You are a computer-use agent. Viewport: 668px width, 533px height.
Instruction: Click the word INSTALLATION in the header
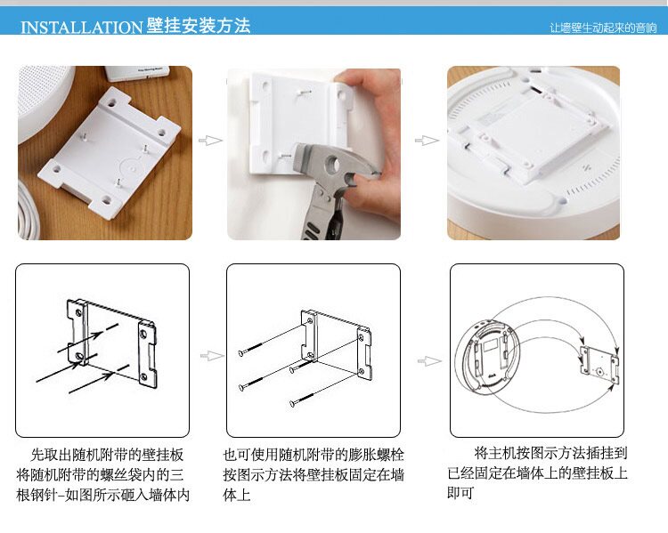coord(80,27)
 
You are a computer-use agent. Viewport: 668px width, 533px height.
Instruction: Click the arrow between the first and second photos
coord(209,141)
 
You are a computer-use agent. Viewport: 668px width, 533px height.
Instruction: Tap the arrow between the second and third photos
coord(427,141)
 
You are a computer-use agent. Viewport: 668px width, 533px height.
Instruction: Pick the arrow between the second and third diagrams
coord(431,360)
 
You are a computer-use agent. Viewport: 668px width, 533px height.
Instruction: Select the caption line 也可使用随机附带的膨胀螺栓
coord(314,454)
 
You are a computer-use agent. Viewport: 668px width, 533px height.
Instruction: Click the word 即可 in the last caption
coord(460,494)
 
